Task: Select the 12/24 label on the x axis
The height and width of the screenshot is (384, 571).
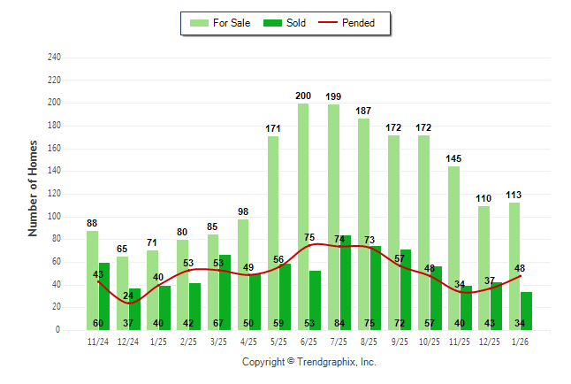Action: click(x=128, y=341)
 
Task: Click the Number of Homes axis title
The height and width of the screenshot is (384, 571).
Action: click(x=34, y=188)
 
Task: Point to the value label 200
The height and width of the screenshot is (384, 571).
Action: click(x=303, y=96)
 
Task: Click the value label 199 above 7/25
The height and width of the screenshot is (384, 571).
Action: click(x=333, y=96)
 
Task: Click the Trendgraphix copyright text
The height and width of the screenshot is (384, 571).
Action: click(x=309, y=362)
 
